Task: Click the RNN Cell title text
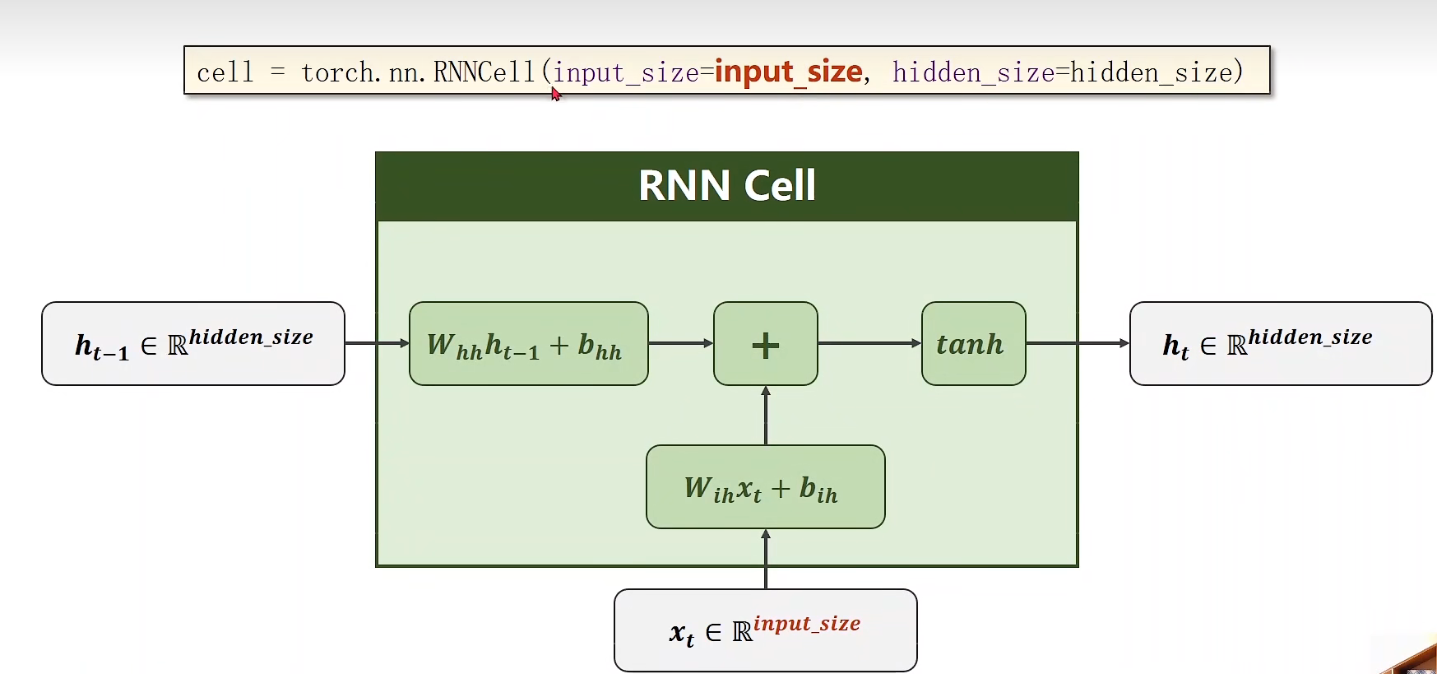pyautogui.click(x=727, y=186)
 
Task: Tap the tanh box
pyautogui.click(x=973, y=344)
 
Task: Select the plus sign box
pyautogui.click(x=765, y=344)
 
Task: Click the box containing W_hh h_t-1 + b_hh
pyautogui.click(x=528, y=344)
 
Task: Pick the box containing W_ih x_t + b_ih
pyautogui.click(x=765, y=487)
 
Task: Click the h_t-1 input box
pyautogui.click(x=193, y=344)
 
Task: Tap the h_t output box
pyautogui.click(x=1280, y=344)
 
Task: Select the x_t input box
pyautogui.click(x=765, y=630)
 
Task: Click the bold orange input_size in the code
pyautogui.click(x=788, y=72)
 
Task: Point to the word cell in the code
pyautogui.click(x=225, y=73)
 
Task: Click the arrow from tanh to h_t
pyautogui.click(x=1078, y=343)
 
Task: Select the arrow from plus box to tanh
pyautogui.click(x=869, y=343)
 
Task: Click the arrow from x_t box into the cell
pyautogui.click(x=766, y=560)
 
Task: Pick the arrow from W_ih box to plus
pyautogui.click(x=766, y=416)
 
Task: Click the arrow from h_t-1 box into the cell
pyautogui.click(x=377, y=343)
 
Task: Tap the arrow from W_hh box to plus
pyautogui.click(x=680, y=343)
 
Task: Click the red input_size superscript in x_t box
pyautogui.click(x=807, y=624)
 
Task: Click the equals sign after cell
pyautogui.click(x=278, y=72)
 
